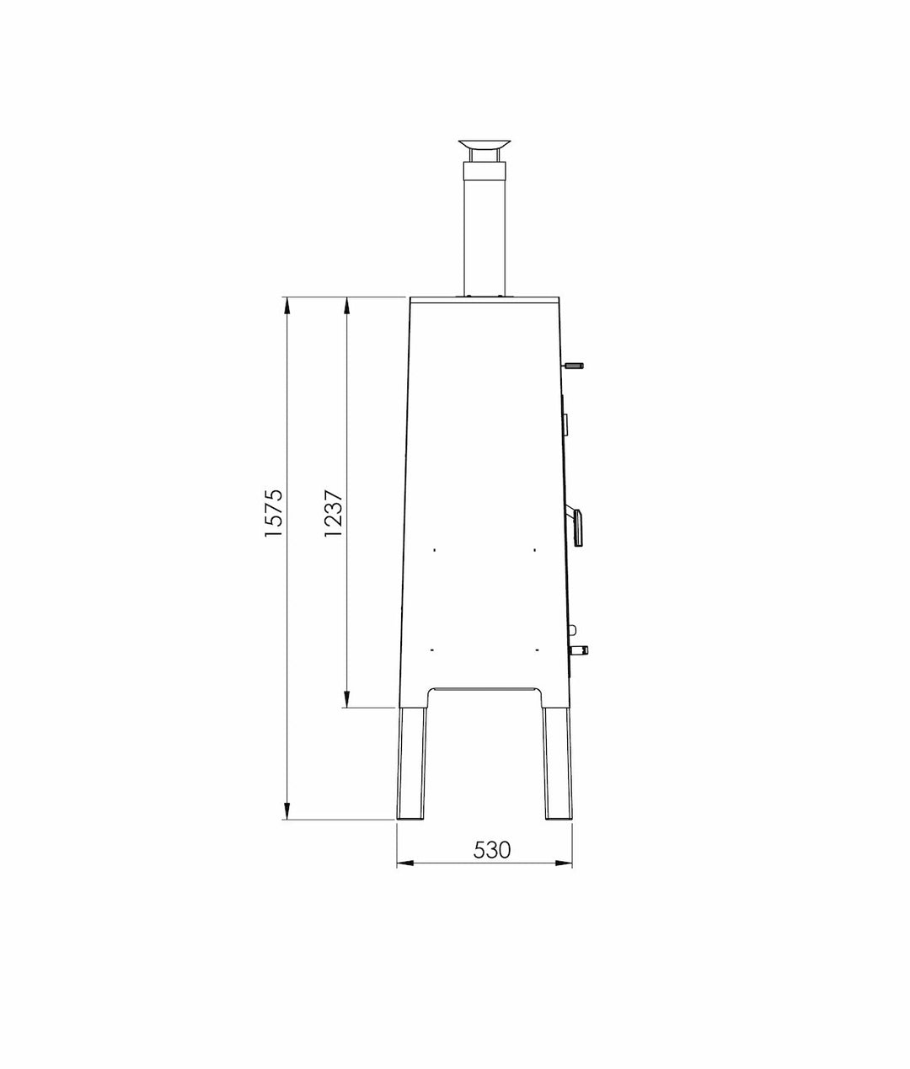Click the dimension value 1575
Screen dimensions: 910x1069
coord(273,512)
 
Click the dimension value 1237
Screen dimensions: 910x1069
coord(333,512)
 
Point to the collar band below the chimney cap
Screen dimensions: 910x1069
coord(484,172)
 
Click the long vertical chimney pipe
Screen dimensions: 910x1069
coord(484,238)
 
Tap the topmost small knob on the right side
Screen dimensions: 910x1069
coord(573,366)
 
